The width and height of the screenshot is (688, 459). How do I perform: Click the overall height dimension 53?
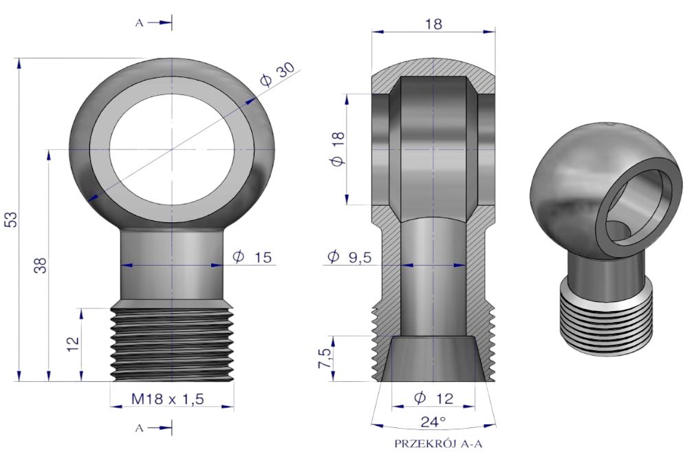[12, 220]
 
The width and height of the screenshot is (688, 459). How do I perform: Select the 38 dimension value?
[41, 266]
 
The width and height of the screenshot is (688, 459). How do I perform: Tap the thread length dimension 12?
[74, 343]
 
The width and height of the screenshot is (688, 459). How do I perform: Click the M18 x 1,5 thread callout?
[168, 399]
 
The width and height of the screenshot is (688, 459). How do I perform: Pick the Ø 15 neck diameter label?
[252, 257]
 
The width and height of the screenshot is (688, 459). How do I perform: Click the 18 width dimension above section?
[433, 23]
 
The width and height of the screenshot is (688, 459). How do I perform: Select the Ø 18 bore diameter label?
[338, 149]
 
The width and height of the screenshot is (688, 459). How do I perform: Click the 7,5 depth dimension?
[325, 359]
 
